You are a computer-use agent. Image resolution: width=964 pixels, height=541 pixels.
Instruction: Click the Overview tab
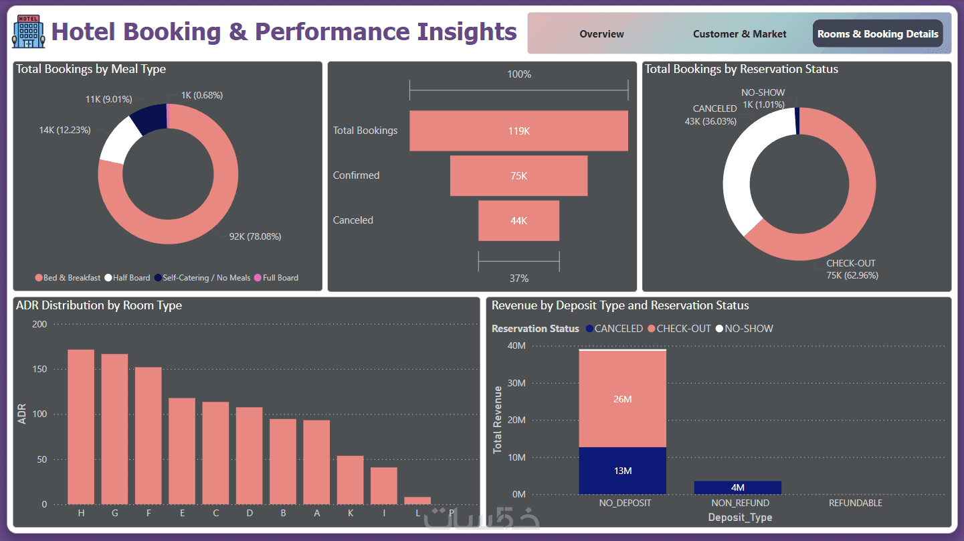click(x=601, y=34)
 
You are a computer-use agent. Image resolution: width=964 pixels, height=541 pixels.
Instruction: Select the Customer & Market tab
click(x=739, y=34)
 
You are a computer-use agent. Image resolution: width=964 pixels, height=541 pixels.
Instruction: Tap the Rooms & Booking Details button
click(x=878, y=34)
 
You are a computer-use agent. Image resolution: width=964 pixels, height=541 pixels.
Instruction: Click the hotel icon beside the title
click(x=29, y=32)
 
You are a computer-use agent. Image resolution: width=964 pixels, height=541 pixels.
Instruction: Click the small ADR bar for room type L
click(x=417, y=500)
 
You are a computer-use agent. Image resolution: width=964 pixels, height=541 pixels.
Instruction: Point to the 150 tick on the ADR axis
click(x=40, y=370)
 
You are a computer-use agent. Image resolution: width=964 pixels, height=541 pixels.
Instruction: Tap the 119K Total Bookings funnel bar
click(x=518, y=131)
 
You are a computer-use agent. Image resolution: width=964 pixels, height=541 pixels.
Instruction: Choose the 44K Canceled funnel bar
click(x=518, y=220)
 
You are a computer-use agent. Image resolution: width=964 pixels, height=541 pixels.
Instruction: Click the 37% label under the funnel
click(x=518, y=278)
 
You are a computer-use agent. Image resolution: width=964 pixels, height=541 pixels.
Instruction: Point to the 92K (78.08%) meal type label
click(x=255, y=236)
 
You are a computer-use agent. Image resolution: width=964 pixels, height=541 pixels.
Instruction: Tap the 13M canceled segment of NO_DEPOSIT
click(x=622, y=471)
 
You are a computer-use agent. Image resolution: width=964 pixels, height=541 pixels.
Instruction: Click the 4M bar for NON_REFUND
click(x=737, y=487)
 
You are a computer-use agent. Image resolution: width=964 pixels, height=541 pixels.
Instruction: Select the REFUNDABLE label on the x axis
click(x=855, y=503)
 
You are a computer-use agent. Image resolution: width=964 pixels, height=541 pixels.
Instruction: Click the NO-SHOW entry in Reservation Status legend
click(x=745, y=329)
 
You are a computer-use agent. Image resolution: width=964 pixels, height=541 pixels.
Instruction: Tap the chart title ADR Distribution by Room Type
click(x=99, y=306)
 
